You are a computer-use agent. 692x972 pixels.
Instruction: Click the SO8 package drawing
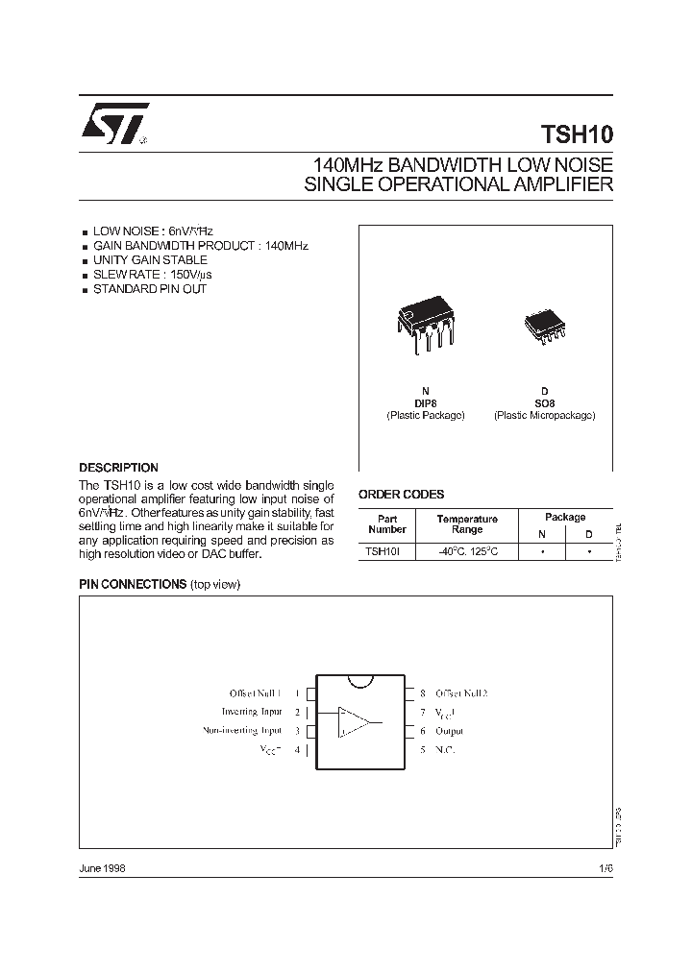[542, 326]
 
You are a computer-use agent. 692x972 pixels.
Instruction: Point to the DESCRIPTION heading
[118, 468]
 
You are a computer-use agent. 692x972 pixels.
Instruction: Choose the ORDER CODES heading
[401, 495]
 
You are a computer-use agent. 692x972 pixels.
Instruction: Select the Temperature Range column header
[467, 524]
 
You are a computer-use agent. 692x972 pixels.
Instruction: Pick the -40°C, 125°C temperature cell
[467, 551]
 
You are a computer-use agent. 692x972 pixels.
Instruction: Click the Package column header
[565, 517]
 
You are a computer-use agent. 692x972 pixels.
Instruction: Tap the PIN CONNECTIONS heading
[132, 584]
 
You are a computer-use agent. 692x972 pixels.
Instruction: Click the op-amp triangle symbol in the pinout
[357, 721]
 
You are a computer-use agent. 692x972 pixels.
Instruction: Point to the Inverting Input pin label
[252, 712]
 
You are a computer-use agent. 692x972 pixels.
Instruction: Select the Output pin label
[450, 731]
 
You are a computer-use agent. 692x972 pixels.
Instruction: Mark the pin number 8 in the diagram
[423, 693]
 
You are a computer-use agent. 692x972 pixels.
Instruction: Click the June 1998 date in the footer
[101, 867]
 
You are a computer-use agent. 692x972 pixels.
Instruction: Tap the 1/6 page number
[605, 867]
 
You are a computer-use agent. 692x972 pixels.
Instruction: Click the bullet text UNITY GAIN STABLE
[149, 260]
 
